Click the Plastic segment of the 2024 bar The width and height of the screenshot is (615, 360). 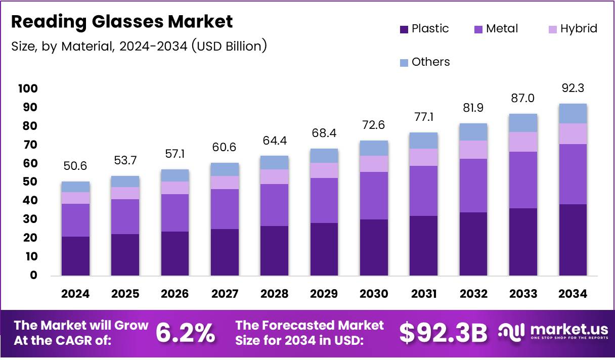click(75, 256)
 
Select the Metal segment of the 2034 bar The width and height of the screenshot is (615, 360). click(573, 174)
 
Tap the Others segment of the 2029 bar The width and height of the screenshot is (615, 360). click(324, 156)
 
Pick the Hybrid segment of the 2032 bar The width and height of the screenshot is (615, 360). click(473, 150)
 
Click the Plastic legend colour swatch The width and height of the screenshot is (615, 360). click(404, 29)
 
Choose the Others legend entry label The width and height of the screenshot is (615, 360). click(430, 62)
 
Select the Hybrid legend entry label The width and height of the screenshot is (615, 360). click(579, 29)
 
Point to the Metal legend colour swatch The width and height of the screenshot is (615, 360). click(478, 29)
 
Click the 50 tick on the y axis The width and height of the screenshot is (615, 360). click(30, 182)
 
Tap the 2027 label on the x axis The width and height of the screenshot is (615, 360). click(225, 294)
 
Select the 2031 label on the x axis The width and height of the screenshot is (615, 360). click(423, 294)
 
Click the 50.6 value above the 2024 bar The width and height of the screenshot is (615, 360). click(75, 166)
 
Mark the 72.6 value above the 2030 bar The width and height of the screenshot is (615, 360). click(374, 125)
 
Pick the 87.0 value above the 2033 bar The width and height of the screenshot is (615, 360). click(523, 98)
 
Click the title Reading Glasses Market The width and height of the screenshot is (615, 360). click(122, 22)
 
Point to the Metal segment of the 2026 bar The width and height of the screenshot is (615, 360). click(175, 213)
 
